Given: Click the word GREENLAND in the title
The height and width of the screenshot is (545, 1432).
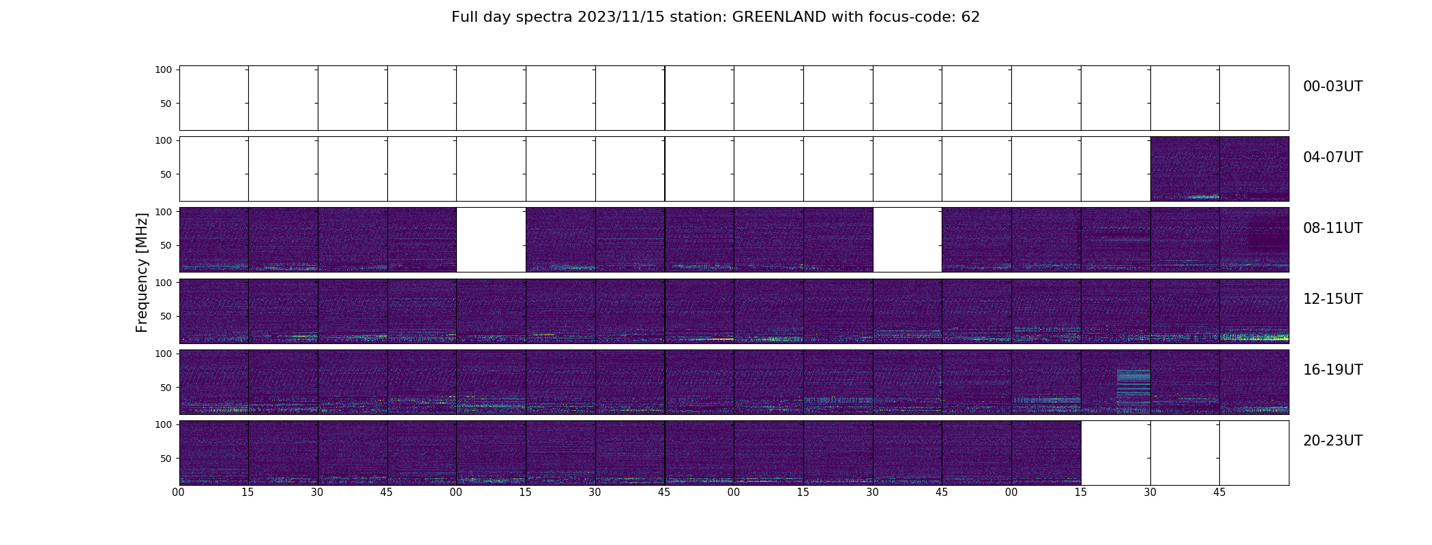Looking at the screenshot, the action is tap(779, 17).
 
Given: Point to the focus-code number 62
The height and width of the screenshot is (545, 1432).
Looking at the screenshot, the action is tap(970, 17).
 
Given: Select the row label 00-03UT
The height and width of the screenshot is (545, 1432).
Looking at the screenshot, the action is tap(1332, 87).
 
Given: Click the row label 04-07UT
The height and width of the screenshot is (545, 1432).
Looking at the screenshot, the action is tap(1332, 157).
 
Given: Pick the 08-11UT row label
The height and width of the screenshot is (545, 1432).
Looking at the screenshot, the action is tap(1332, 228).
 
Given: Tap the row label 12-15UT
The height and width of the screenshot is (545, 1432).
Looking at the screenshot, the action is tap(1332, 299).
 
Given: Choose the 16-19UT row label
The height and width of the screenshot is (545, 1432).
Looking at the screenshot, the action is tap(1332, 370).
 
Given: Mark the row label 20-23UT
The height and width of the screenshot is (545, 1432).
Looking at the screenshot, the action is tap(1332, 441).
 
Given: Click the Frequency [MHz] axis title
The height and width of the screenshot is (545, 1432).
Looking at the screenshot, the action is tap(142, 272).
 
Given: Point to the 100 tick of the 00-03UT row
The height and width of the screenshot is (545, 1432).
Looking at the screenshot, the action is tap(163, 69).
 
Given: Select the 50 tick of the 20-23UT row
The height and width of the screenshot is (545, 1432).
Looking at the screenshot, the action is tap(166, 458).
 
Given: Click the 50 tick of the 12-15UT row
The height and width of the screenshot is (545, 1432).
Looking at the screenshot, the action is tap(166, 316).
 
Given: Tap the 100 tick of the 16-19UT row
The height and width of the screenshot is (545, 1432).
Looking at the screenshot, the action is tap(163, 354).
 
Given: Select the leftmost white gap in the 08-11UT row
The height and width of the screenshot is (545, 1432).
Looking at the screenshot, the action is tap(491, 240).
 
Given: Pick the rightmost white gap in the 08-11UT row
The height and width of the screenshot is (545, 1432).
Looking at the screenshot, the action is tap(908, 240).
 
